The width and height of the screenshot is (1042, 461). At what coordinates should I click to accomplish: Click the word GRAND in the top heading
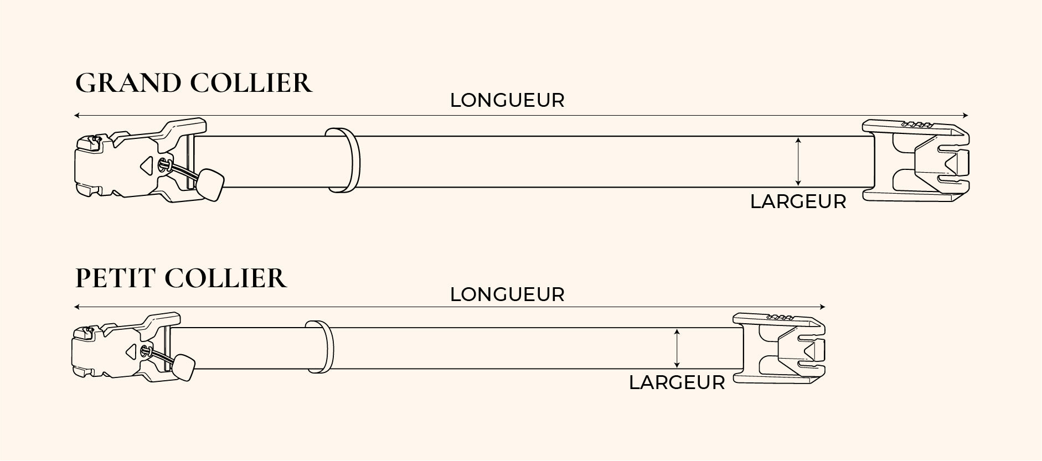[x=128, y=83]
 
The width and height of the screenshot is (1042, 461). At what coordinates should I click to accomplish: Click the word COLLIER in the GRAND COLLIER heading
[x=251, y=83]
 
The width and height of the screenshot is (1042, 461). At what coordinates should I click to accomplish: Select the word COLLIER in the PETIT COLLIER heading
[x=226, y=278]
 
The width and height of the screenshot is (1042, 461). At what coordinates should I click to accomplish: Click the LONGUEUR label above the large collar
[x=507, y=100]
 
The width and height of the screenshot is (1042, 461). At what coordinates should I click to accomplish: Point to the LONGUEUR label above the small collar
[x=507, y=294]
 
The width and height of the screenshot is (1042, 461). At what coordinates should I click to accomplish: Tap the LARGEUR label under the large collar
[x=798, y=202]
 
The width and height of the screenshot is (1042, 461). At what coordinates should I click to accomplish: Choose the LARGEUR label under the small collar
[x=677, y=383]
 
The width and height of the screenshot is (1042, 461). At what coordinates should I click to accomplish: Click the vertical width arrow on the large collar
[x=798, y=162]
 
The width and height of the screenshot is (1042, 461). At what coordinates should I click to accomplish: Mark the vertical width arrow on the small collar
[x=677, y=348]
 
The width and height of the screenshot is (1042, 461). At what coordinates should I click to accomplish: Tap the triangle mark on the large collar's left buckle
[x=146, y=164]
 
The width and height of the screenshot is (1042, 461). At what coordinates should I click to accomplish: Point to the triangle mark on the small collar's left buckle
[x=132, y=350]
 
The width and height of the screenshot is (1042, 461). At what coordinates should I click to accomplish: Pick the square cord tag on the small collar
[x=183, y=367]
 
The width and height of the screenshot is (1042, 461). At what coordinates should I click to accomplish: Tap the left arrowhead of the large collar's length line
[x=76, y=116]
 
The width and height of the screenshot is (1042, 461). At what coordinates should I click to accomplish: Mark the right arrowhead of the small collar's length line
[x=823, y=307]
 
